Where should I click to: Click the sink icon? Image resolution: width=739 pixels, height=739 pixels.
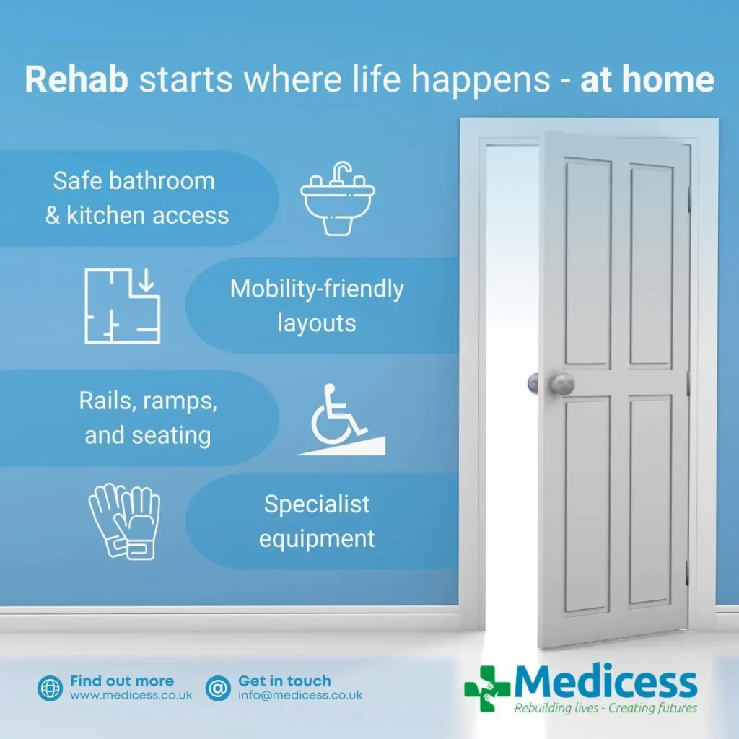click(x=338, y=198)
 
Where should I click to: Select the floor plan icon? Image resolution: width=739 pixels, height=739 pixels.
click(x=123, y=305)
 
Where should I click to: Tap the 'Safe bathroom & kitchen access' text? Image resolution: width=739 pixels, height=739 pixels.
click(x=136, y=198)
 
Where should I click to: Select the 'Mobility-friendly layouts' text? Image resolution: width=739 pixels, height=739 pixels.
click(x=317, y=305)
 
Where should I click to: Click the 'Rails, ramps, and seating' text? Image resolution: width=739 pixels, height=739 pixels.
click(x=148, y=419)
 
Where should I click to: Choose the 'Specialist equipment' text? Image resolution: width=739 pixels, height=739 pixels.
click(x=317, y=521)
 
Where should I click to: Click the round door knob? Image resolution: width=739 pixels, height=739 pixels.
click(x=561, y=383)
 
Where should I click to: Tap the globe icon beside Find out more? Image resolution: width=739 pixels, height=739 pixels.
click(x=51, y=688)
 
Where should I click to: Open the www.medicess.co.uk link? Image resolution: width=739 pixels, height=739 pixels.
click(x=131, y=696)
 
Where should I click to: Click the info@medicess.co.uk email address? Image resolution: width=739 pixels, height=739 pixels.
click(x=300, y=696)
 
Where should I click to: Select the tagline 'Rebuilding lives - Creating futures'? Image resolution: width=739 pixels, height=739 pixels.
click(x=605, y=708)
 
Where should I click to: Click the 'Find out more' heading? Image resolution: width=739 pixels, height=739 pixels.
click(x=122, y=681)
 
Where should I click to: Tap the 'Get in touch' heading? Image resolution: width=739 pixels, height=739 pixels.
click(x=284, y=681)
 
